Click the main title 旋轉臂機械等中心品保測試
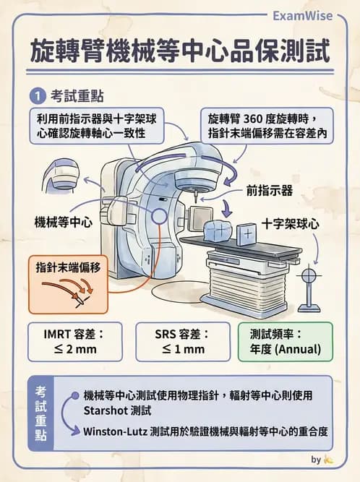point(179,51)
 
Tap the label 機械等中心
point(64,222)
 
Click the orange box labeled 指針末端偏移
point(69,267)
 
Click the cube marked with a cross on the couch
point(247,233)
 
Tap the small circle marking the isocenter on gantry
point(161,215)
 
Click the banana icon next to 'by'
point(329,459)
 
